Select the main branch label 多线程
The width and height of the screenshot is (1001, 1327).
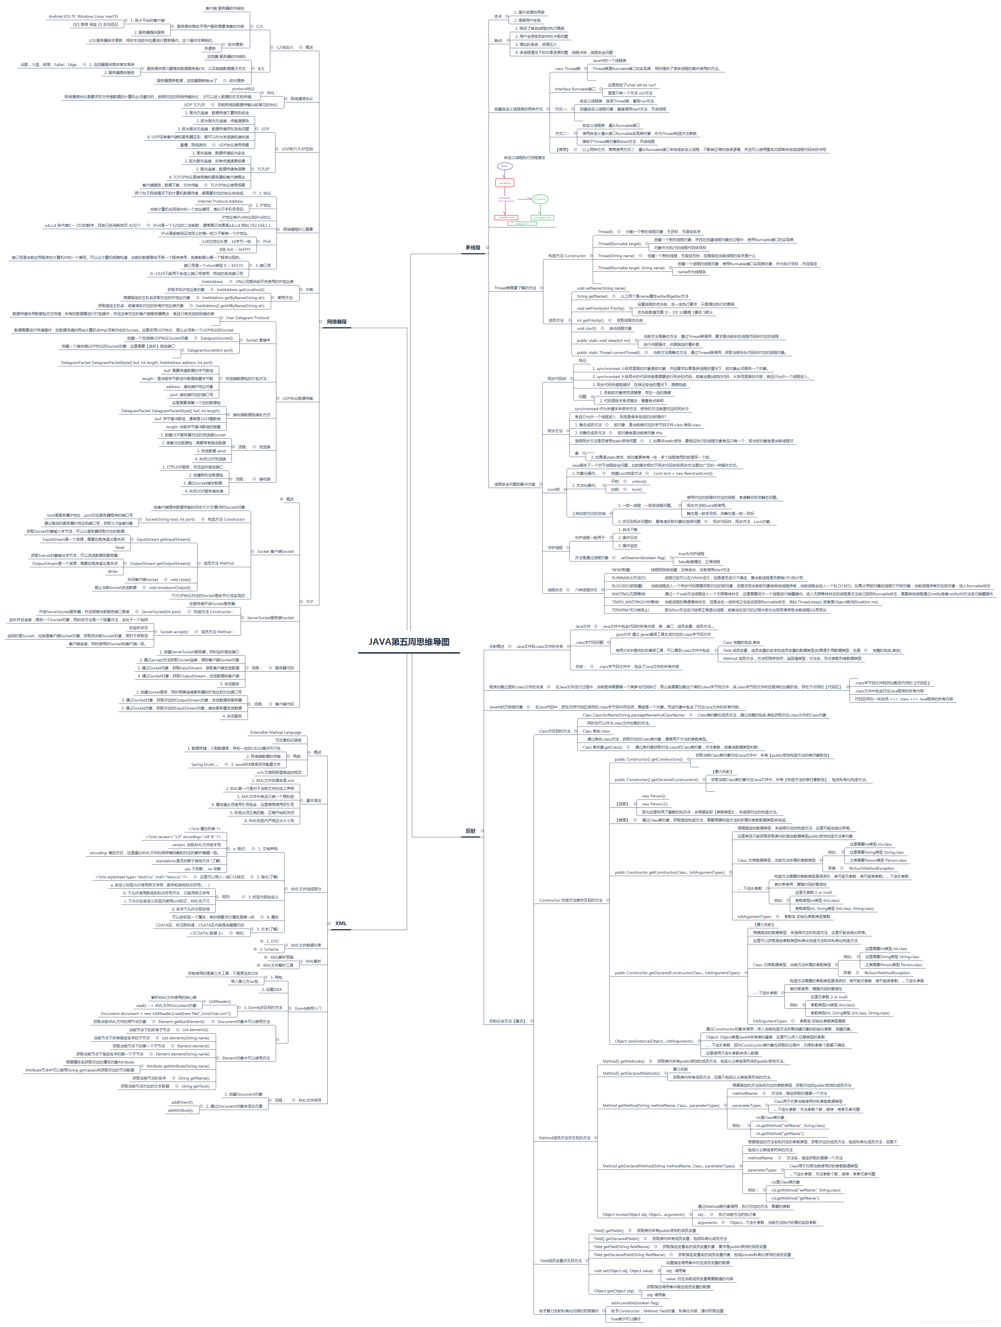coord(473,247)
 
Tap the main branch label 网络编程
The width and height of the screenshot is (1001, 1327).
coord(337,321)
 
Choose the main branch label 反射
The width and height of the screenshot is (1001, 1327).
coord(470,831)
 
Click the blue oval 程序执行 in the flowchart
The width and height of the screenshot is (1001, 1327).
coord(505,166)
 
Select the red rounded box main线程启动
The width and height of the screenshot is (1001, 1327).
coord(505,183)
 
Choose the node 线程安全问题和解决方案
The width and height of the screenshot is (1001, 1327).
coord(515,484)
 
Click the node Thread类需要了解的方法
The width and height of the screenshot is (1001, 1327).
coord(515,288)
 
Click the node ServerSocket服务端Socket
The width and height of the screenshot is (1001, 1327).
coord(271,617)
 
